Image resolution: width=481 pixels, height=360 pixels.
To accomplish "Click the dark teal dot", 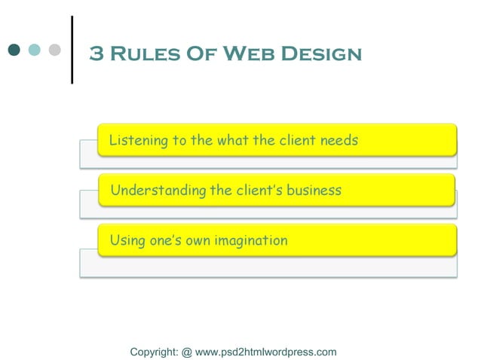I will click(x=15, y=50).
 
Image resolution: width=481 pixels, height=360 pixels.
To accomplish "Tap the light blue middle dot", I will click(x=35, y=50).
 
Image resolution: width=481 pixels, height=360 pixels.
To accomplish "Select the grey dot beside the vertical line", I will click(x=54, y=50).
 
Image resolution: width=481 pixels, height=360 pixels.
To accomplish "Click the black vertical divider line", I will click(x=72, y=50).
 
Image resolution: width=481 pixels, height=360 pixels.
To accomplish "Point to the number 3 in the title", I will click(x=97, y=54).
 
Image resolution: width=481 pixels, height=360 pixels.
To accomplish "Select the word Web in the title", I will click(x=245, y=54).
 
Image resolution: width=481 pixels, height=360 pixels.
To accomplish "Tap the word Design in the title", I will click(x=320, y=54).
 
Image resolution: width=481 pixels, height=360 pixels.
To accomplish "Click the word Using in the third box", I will click(x=126, y=241).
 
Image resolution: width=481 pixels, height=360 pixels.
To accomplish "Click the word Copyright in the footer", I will click(x=154, y=352).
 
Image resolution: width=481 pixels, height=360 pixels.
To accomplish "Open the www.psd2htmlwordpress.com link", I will click(x=265, y=352).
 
